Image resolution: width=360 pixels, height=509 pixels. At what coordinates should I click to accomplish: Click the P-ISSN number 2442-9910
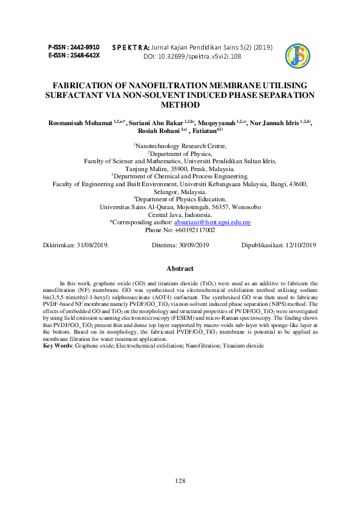(85, 47)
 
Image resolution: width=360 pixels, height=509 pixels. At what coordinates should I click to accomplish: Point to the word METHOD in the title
(180, 105)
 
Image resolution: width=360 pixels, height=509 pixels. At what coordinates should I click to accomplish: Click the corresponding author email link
(204, 222)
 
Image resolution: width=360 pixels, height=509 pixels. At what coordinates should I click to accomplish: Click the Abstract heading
(180, 268)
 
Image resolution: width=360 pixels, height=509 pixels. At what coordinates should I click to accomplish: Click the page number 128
(180, 481)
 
